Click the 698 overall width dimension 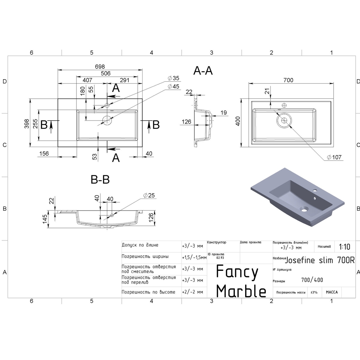(x=100, y=67)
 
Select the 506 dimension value (x=106, y=73)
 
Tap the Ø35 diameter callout (x=173, y=78)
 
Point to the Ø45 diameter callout (x=173, y=86)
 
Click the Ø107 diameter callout (x=334, y=157)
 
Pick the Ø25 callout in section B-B (x=149, y=195)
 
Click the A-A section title (x=203, y=71)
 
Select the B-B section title (x=100, y=179)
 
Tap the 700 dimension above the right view (x=288, y=80)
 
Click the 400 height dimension (x=238, y=121)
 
